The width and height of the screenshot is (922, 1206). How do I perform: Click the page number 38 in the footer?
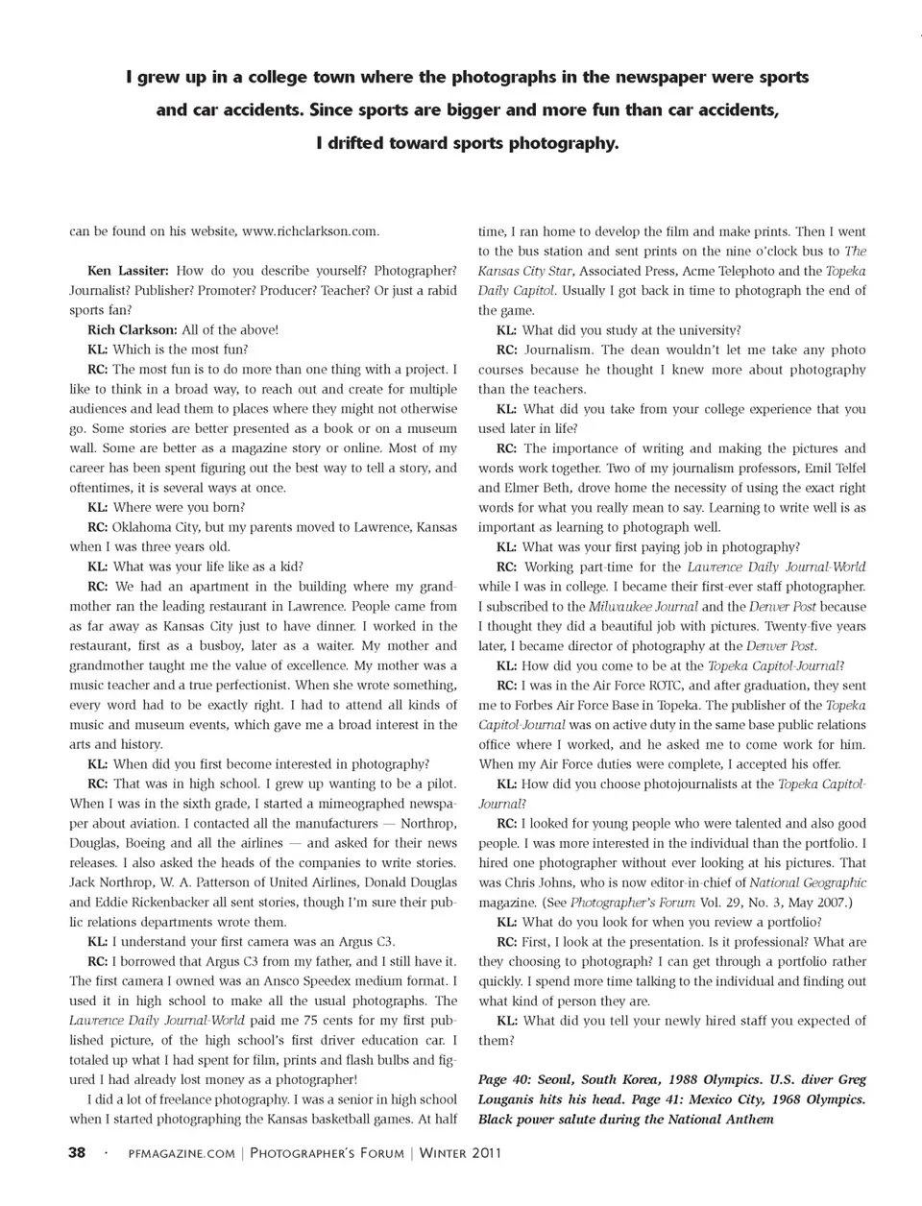[77, 1153]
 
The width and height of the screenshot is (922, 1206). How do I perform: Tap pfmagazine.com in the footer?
[181, 1154]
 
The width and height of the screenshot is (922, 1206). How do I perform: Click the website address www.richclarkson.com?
[310, 231]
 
